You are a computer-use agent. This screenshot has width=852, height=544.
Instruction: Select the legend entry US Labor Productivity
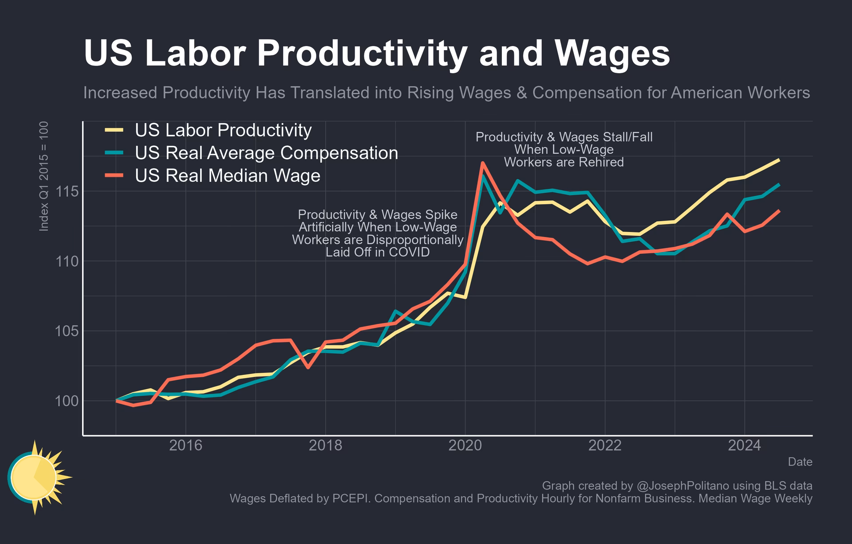pos(223,130)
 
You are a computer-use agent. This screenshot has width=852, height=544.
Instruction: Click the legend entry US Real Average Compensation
pos(266,153)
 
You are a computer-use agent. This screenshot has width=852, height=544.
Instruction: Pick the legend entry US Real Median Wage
pos(228,176)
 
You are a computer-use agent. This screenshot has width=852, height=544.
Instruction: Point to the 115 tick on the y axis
pos(67,192)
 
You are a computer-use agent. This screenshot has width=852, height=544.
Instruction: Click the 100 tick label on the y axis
pos(67,401)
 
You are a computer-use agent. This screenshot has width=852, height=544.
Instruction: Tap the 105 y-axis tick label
pos(67,331)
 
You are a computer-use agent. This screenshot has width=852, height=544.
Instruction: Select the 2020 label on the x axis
pos(465,445)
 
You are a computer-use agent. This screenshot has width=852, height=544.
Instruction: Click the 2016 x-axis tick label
pos(185,445)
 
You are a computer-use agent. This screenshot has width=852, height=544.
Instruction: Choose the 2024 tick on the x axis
pos(744,445)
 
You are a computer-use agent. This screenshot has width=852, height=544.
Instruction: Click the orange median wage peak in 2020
pos(482,163)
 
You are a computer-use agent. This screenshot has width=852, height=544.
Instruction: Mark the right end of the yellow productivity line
pos(779,160)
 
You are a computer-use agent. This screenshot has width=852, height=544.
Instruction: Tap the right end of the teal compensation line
pos(779,185)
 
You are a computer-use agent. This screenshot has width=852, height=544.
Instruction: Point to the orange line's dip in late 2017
pos(308,367)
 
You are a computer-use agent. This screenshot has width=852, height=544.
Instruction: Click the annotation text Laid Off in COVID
pos(377,252)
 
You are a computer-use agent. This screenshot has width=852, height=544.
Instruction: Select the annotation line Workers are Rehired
pos(564,162)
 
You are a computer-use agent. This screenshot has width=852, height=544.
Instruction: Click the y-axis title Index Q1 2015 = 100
pos(44,176)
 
